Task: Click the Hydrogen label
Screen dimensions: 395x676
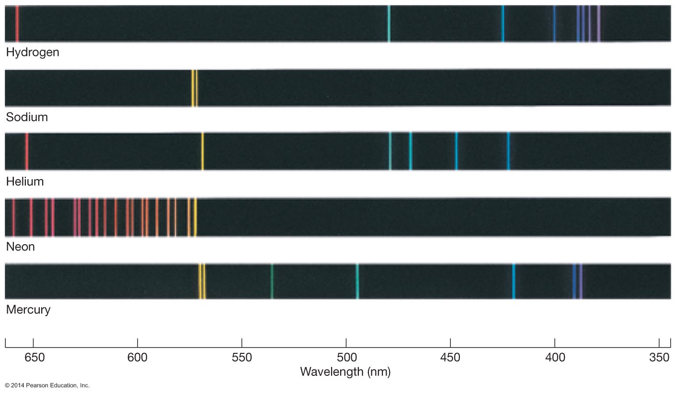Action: point(33,52)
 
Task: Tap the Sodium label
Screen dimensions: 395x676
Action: point(27,117)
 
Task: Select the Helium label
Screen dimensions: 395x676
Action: point(25,182)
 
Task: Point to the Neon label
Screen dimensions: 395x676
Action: point(20,247)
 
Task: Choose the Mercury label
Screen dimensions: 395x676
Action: point(28,310)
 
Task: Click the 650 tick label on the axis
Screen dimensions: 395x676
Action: point(34,358)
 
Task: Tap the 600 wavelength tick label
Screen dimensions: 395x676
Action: point(137,358)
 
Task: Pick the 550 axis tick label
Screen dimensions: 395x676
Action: point(242,358)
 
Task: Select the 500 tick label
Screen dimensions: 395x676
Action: point(346,358)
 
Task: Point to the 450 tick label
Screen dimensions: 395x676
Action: point(450,358)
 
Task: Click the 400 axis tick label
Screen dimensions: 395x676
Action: point(555,358)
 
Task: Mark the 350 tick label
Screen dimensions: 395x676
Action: point(659,358)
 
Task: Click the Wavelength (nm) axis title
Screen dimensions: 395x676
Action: point(345,372)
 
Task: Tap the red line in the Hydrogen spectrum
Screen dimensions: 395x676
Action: point(17,23)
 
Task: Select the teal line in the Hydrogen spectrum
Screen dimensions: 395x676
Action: point(389,23)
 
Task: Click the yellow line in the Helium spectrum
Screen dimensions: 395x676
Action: point(203,151)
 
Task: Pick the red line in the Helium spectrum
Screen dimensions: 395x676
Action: point(27,151)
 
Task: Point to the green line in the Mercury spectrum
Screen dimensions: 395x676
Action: point(272,281)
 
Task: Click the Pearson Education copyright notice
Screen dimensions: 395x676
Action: point(47,385)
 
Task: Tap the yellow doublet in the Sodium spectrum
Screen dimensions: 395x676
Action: point(195,88)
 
